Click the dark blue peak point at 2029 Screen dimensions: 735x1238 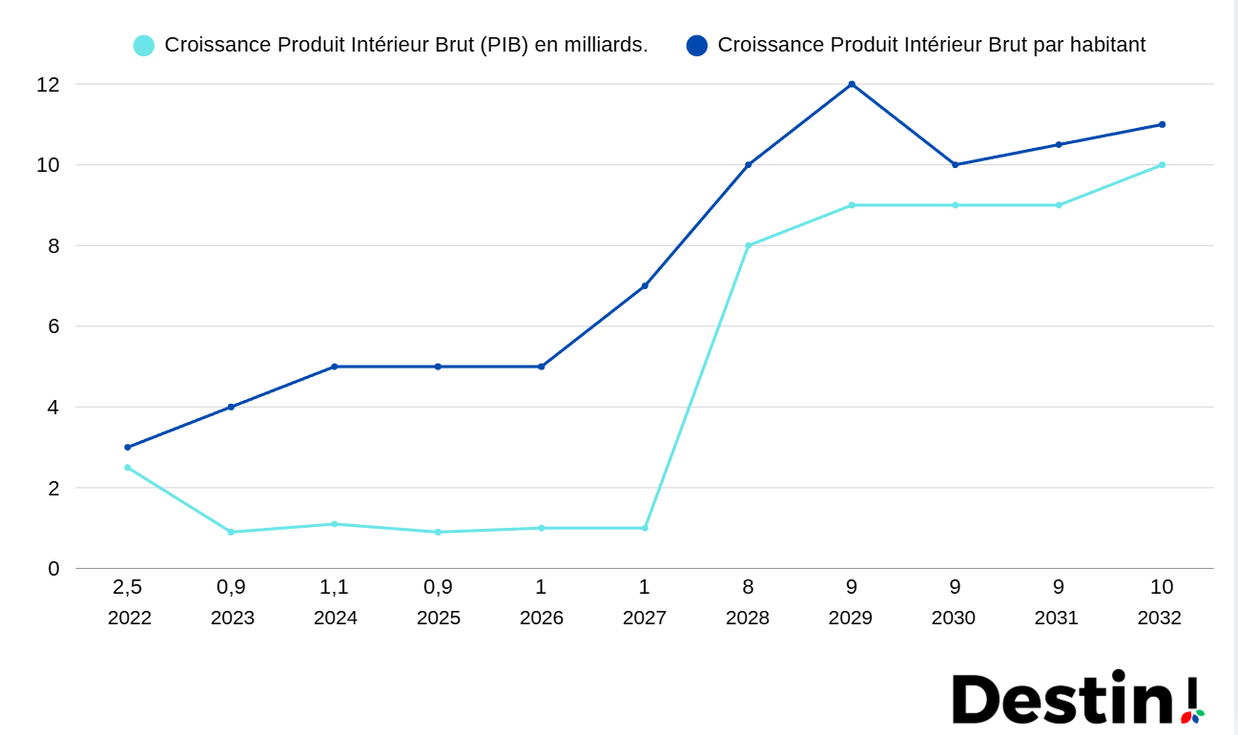tap(852, 84)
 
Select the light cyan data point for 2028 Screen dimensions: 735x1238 tap(749, 245)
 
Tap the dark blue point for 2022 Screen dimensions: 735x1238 tap(128, 447)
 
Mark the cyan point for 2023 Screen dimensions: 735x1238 tap(231, 532)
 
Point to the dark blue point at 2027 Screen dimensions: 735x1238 tap(645, 285)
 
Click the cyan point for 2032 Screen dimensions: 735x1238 tap(1162, 164)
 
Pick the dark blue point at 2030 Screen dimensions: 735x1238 tap(955, 164)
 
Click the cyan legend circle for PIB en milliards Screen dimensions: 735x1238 tap(144, 45)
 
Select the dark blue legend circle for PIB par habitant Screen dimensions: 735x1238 tap(697, 45)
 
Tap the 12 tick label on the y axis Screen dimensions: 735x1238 tap(48, 84)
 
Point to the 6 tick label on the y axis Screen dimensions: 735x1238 tap(53, 326)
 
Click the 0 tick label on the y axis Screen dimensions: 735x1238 tap(53, 569)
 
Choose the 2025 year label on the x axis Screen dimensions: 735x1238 tap(439, 618)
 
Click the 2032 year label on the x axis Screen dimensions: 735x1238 tap(1160, 618)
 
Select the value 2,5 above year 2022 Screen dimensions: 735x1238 tap(128, 587)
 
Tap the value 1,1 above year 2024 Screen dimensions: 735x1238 tap(335, 587)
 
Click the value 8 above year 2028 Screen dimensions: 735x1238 tap(749, 587)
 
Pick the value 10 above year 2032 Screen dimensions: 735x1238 tap(1162, 587)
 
